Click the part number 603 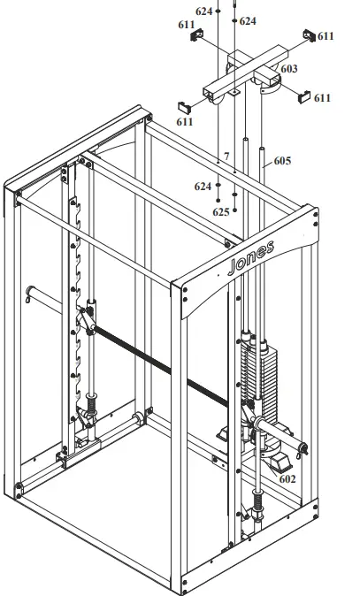click(289, 68)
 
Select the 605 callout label click(282, 161)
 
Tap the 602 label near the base click(287, 478)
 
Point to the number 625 click(221, 212)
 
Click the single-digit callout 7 click(226, 157)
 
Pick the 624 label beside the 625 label click(203, 187)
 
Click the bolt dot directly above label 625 click(234, 196)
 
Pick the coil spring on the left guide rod click(88, 408)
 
